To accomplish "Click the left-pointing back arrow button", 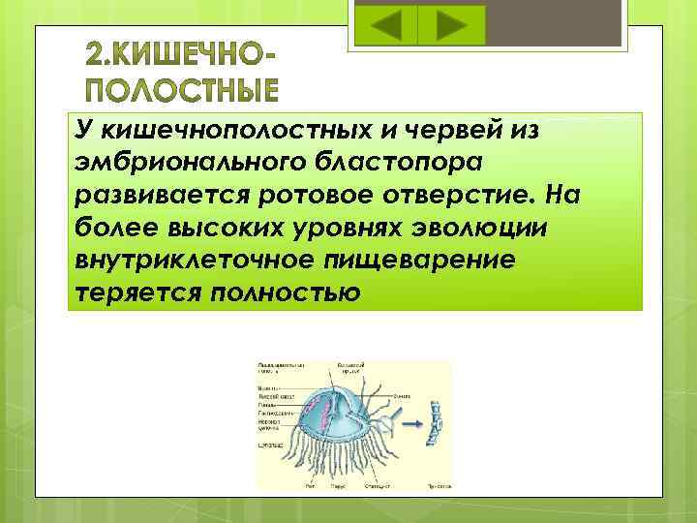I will tap(386, 25).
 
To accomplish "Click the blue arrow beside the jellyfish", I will tap(409, 424).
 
